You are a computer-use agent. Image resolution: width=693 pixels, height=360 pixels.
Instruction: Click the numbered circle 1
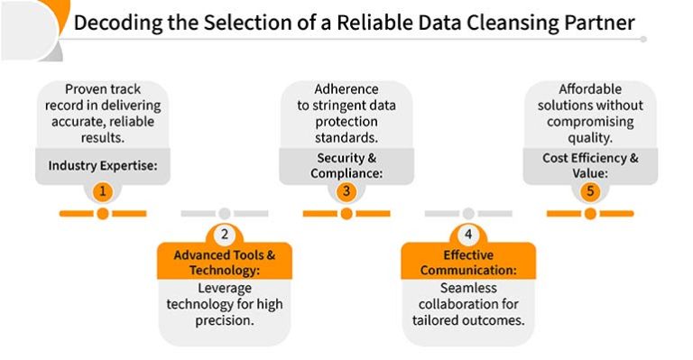[103, 191]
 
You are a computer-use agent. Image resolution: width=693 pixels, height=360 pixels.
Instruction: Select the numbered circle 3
[346, 191]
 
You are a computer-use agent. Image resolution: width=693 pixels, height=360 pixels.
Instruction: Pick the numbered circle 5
[589, 191]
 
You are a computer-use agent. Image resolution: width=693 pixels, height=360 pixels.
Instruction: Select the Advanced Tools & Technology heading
[224, 263]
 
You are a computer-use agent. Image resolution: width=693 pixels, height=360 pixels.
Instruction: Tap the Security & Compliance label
[346, 165]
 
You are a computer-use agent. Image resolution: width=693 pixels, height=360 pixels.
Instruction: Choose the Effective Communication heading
[467, 263]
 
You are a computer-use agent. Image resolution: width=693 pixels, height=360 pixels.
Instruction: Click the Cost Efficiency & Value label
[589, 165]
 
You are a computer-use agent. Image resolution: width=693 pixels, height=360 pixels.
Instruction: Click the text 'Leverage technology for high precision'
[224, 304]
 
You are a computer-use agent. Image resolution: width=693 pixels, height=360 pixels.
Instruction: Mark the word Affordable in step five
[590, 89]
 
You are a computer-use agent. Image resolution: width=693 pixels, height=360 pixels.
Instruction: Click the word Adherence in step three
[346, 89]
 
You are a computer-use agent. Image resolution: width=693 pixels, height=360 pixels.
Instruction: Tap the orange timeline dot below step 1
[103, 214]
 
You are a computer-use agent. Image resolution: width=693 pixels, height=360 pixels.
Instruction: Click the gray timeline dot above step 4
[467, 214]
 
